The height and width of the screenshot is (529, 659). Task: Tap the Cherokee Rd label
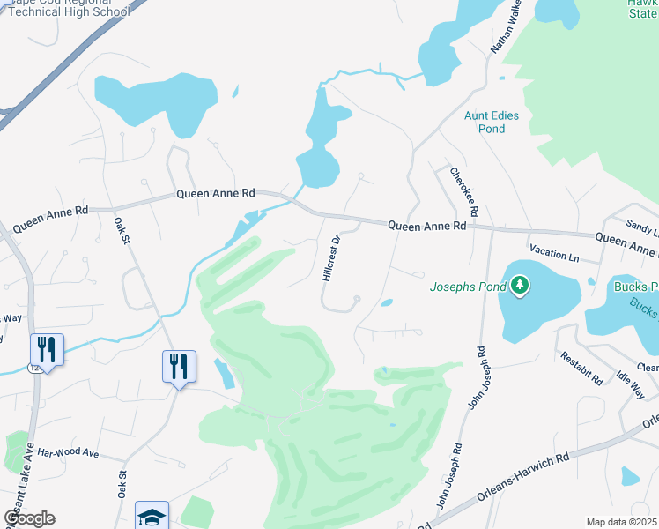[x=463, y=193]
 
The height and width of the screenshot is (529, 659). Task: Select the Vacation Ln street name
[x=554, y=257]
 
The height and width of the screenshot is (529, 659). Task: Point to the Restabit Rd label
[x=582, y=368]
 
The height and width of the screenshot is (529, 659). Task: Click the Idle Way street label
[x=630, y=385]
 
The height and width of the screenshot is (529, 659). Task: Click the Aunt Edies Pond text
[x=492, y=122]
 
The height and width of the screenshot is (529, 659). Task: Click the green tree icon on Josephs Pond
[x=521, y=285]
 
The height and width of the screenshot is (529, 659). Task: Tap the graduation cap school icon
[x=152, y=515]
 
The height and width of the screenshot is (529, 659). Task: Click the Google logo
[x=29, y=518]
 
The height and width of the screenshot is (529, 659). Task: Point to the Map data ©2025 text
[x=622, y=522]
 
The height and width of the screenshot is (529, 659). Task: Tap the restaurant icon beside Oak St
[x=179, y=366]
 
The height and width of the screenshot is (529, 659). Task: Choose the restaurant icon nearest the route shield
[x=47, y=349]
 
